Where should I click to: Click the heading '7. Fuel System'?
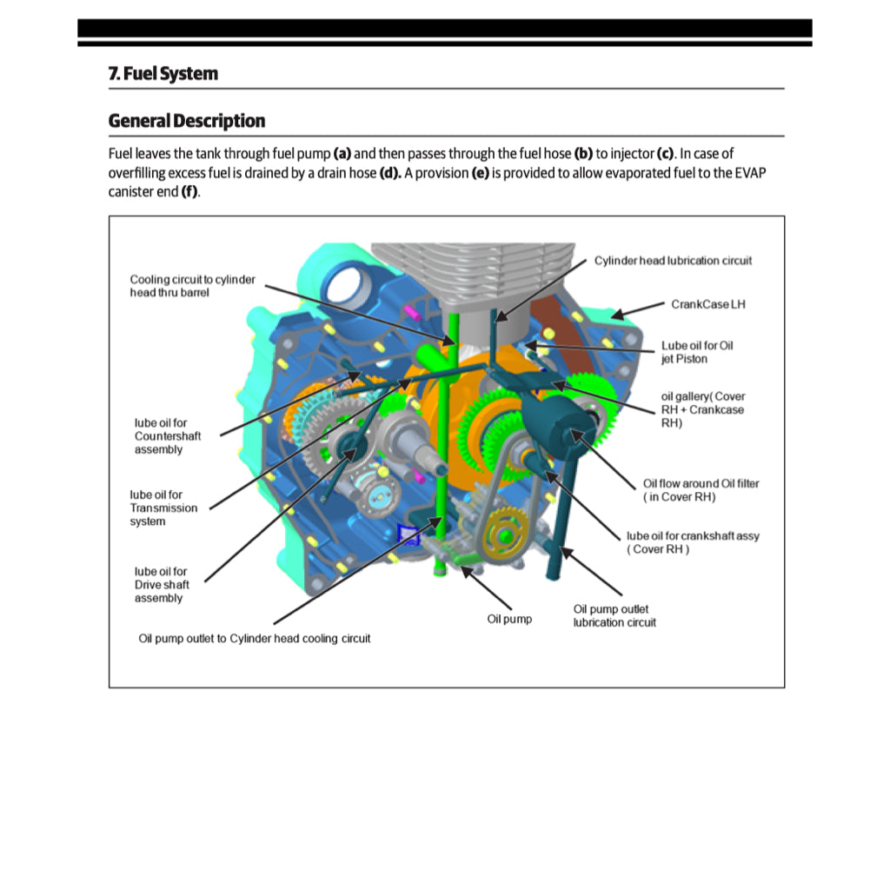coord(163,74)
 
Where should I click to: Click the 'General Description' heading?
coord(187,121)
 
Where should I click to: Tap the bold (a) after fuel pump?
coord(342,154)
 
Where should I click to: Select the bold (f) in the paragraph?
coord(189,191)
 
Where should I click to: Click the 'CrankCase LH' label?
coord(707,304)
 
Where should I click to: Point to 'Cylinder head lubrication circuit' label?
coord(673,261)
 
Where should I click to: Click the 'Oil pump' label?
coord(508,619)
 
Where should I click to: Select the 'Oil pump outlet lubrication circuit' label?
coord(614,615)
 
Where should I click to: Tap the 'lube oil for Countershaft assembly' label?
coord(160,436)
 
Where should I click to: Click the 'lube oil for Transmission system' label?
coord(163,508)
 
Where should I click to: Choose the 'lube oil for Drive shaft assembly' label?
coord(161,585)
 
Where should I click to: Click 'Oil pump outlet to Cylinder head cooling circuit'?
coord(255,639)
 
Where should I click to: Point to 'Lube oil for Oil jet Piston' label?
coord(696,352)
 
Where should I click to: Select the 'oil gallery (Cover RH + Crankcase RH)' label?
coord(702,409)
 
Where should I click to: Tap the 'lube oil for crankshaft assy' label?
coord(692,542)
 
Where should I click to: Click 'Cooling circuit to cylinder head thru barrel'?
coord(192,286)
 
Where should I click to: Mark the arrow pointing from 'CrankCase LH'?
coord(639,309)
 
